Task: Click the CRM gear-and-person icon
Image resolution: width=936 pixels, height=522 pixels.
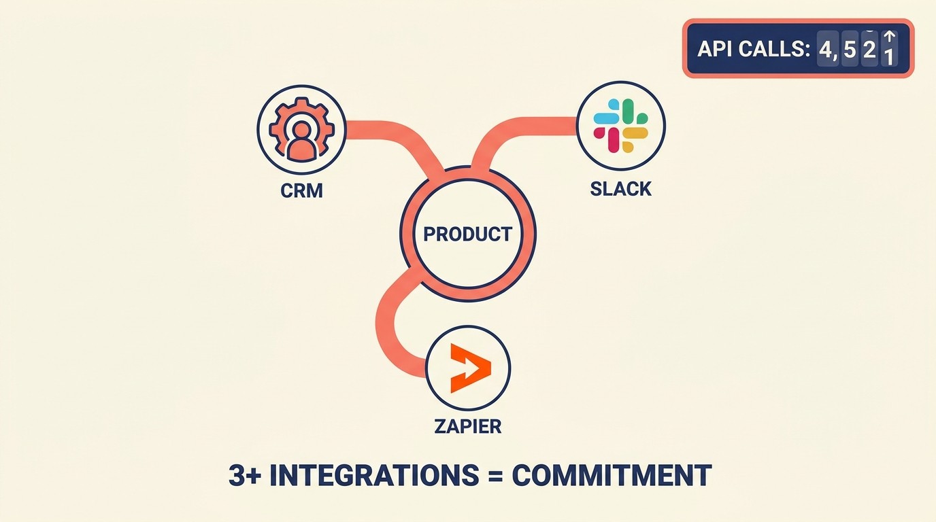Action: click(301, 130)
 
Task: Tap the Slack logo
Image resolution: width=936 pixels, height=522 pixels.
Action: click(620, 126)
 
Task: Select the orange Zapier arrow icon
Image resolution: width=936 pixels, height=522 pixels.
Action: click(470, 368)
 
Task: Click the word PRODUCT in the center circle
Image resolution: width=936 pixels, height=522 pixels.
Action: click(467, 234)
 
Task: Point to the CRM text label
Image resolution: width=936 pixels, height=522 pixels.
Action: click(301, 190)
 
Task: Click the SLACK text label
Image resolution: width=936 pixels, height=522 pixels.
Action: click(620, 188)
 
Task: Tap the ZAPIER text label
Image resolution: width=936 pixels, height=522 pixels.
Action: click(467, 426)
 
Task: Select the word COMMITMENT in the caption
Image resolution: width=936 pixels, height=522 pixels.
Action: click(611, 476)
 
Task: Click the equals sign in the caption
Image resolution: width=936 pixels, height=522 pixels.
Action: click(495, 476)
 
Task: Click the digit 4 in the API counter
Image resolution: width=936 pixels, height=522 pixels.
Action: click(826, 49)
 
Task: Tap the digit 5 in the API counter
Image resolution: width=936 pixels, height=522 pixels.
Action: click(850, 49)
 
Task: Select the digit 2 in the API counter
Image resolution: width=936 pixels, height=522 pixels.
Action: click(869, 49)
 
